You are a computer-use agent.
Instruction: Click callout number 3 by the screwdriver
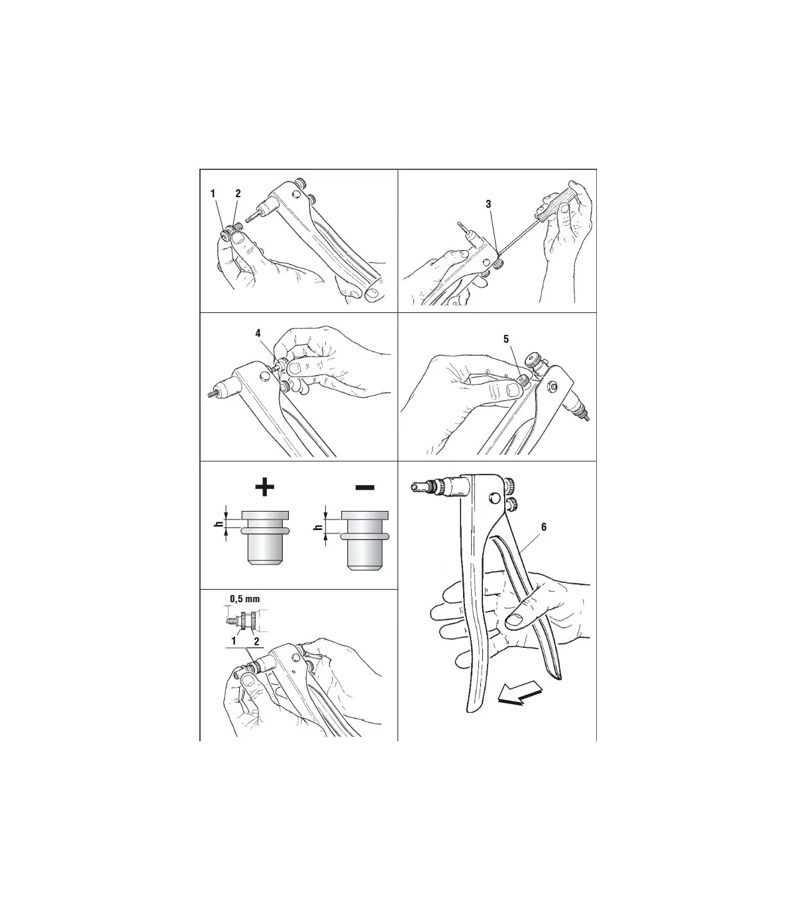click(x=488, y=204)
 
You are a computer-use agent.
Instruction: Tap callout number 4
click(x=258, y=334)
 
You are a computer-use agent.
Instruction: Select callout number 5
click(x=506, y=339)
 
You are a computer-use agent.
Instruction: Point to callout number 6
click(x=544, y=527)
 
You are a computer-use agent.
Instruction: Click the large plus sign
click(x=265, y=487)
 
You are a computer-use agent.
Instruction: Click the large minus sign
click(x=364, y=487)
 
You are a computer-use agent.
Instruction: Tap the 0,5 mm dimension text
click(x=244, y=599)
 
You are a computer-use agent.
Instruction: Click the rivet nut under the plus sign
click(x=265, y=538)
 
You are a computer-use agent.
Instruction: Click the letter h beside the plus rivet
click(x=218, y=524)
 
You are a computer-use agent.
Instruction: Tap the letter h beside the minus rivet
click(x=317, y=527)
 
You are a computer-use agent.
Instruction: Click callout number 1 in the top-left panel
click(x=213, y=193)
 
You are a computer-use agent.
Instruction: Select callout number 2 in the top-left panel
click(x=238, y=193)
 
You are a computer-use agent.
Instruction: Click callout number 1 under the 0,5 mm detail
click(x=234, y=641)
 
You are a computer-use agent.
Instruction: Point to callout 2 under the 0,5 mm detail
click(x=256, y=641)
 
